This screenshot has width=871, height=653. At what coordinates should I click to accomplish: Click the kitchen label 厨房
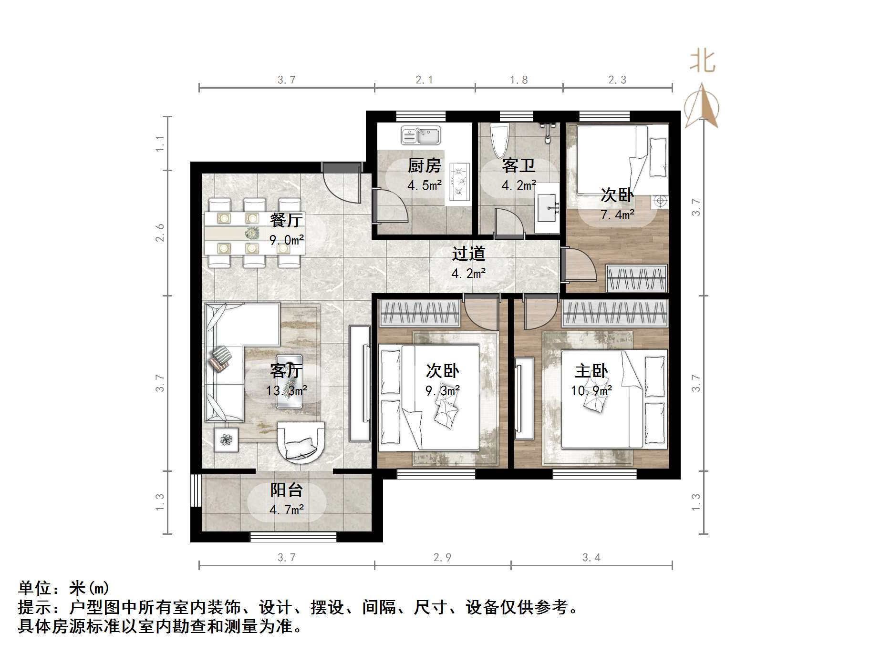pyautogui.click(x=424, y=166)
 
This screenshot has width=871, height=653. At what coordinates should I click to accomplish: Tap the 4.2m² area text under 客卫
pyautogui.click(x=518, y=185)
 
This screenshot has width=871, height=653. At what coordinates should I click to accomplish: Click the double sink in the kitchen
pyautogui.click(x=420, y=135)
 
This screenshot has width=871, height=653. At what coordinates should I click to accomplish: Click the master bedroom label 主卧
pyautogui.click(x=591, y=371)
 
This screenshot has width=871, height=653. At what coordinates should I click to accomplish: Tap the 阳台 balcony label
pyautogui.click(x=286, y=490)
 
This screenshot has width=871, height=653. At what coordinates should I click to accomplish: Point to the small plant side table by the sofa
pyautogui.click(x=226, y=439)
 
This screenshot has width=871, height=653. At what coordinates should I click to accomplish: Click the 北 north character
pyautogui.click(x=702, y=61)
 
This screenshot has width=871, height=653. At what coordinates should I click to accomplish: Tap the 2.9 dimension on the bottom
pyautogui.click(x=442, y=557)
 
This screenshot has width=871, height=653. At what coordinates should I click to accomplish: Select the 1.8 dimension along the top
pyautogui.click(x=518, y=80)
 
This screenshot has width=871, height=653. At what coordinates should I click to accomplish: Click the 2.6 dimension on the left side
pyautogui.click(x=160, y=233)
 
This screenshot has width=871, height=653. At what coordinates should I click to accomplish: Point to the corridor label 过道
pyautogui.click(x=468, y=254)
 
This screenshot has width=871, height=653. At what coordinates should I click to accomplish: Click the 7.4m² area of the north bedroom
pyautogui.click(x=617, y=215)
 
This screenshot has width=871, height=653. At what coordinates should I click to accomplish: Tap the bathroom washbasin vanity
pyautogui.click(x=547, y=208)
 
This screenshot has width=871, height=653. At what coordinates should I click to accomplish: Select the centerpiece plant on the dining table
pyautogui.click(x=251, y=234)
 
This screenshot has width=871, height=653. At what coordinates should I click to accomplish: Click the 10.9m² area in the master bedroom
pyautogui.click(x=591, y=391)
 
